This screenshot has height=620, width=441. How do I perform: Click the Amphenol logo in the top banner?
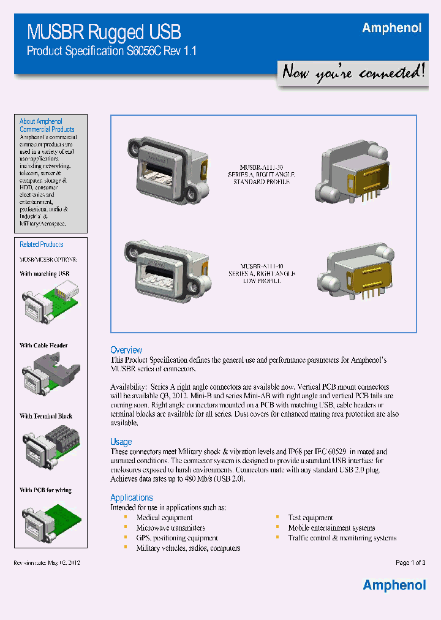tap(391, 28)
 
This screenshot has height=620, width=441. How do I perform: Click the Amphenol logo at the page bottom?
tap(394, 585)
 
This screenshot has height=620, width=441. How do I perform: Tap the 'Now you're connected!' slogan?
tap(352, 73)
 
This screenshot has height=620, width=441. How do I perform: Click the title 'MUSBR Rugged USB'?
tap(104, 32)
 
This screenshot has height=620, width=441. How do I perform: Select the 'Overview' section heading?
tap(126, 350)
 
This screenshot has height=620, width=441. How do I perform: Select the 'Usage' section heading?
tap(121, 442)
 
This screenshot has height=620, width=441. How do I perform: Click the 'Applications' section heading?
tap(131, 497)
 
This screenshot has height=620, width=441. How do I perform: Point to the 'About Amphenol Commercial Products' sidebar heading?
tap(47, 126)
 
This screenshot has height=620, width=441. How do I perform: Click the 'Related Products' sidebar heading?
tap(41, 244)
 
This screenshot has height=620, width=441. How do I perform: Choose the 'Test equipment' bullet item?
tap(311, 518)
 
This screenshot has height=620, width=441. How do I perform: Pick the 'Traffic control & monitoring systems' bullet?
tap(342, 538)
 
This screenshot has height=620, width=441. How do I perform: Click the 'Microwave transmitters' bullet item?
tap(170, 527)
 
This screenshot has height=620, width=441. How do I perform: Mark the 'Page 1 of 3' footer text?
tap(410, 562)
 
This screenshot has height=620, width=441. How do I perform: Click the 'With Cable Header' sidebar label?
tap(43, 346)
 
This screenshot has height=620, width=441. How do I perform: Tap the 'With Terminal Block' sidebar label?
tap(46, 416)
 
